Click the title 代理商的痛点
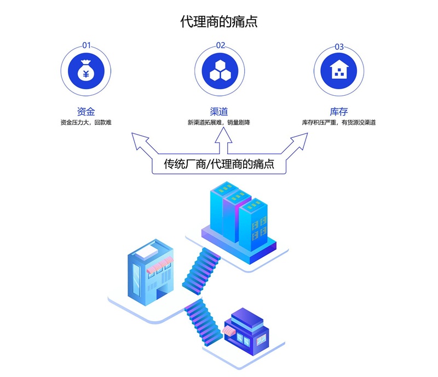pos(219,22)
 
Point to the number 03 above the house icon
pos(339,47)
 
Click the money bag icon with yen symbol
pos(87,70)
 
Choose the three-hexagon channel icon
pos(219,70)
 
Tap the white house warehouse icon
pos(339,70)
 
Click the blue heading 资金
pos(87,112)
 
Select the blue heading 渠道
pos(219,112)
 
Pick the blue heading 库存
pos(339,112)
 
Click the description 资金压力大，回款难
pos(87,123)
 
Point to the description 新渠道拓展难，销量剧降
pos(219,123)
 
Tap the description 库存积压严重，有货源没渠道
pos(339,123)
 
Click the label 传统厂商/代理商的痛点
pos(219,164)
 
